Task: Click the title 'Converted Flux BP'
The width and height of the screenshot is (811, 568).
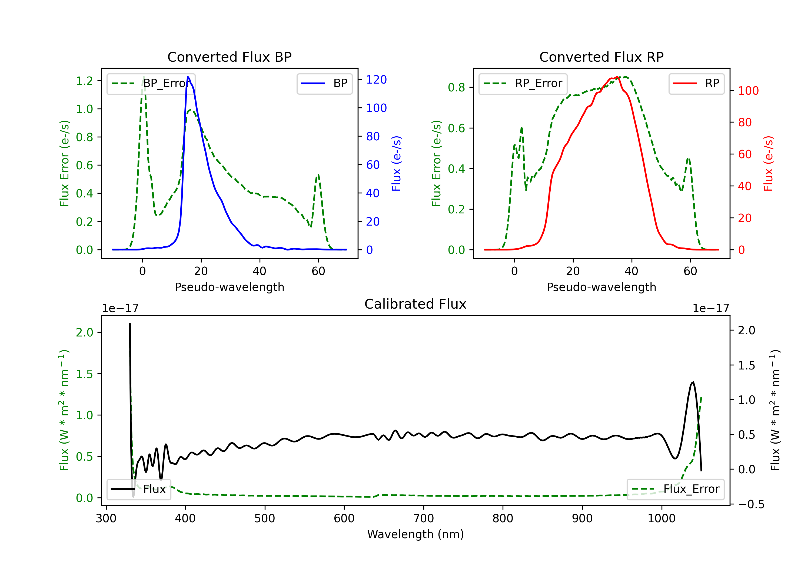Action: point(229,57)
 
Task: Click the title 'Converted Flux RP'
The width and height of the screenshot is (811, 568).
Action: point(601,57)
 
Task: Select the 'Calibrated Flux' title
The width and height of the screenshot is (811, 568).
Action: point(416,304)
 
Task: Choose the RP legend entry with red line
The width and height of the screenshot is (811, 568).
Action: point(696,83)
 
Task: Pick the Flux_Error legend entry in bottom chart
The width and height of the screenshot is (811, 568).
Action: point(675,489)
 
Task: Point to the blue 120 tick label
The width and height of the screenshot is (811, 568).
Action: point(377,80)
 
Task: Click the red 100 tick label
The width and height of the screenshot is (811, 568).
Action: point(749,91)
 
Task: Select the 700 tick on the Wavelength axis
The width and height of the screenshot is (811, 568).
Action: point(424,519)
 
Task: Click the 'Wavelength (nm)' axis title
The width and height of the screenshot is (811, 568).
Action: point(416,534)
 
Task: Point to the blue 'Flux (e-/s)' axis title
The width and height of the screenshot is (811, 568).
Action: point(396,164)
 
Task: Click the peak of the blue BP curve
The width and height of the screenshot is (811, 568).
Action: point(188,77)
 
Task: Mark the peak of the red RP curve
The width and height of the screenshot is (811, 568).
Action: point(617,77)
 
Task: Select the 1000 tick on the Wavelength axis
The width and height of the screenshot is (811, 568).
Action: point(662,519)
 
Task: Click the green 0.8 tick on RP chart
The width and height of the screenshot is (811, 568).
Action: point(456,87)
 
